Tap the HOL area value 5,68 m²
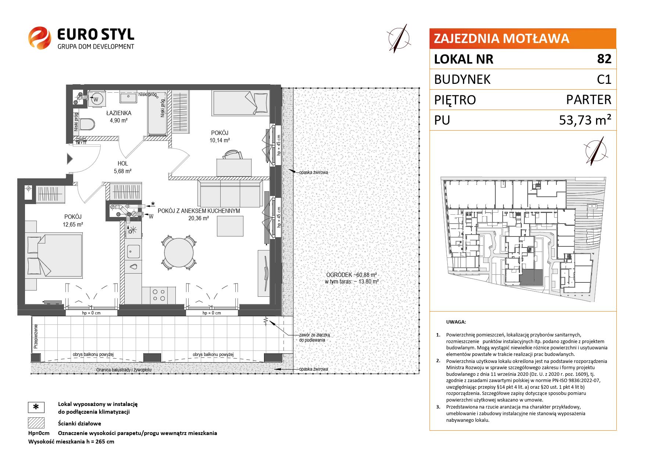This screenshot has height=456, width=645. pyautogui.click(x=123, y=171)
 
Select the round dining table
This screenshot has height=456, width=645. pyautogui.click(x=179, y=253)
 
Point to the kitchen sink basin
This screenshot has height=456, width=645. pyautogui.click(x=133, y=252)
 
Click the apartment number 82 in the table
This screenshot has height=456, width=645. pyautogui.click(x=604, y=59)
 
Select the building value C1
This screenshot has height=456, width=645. pyautogui.click(x=604, y=79)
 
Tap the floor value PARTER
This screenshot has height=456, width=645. pyautogui.click(x=589, y=100)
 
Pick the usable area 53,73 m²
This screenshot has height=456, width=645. pyautogui.click(x=585, y=120)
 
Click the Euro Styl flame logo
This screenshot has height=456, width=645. pyautogui.click(x=39, y=38)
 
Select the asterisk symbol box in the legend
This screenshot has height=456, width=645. pyautogui.click(x=36, y=407)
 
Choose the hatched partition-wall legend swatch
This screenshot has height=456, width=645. pyautogui.click(x=36, y=423)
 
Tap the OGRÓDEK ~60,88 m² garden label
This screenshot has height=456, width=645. pyautogui.click(x=352, y=275)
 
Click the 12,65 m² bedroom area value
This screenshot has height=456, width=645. pyautogui.click(x=73, y=224)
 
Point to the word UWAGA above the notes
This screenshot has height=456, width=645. pyautogui.click(x=456, y=322)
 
